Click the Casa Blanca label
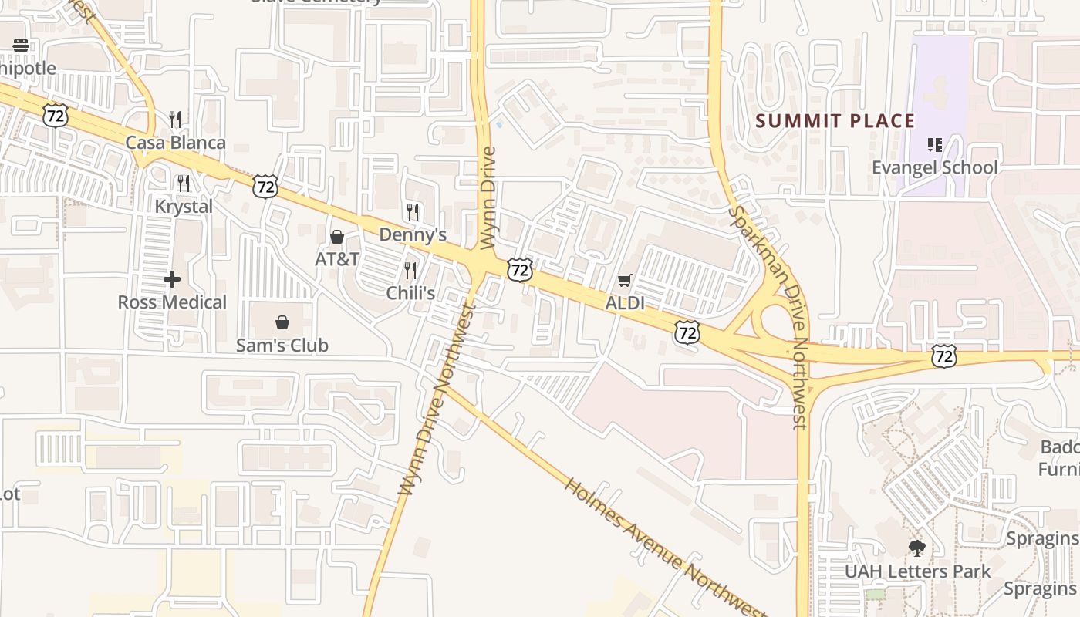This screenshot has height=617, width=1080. [176, 143]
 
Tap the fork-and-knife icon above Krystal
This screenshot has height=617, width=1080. [184, 184]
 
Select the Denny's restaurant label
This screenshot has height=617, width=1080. [413, 234]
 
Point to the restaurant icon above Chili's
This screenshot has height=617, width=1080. [410, 270]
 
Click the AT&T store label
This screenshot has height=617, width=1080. [337, 259]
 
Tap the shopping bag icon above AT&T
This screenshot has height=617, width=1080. [337, 237]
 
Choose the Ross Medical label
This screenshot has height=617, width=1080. [172, 302]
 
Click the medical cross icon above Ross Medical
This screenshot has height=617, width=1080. [172, 278]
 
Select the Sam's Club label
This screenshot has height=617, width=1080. [282, 346]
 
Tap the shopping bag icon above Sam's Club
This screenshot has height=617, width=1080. [282, 322]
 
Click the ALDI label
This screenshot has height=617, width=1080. [625, 303]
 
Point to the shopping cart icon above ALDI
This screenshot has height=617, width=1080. [625, 281]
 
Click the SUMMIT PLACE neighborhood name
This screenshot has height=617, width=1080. [835, 121]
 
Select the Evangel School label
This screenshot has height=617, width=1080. [934, 167]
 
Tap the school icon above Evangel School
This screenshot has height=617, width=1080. [935, 144]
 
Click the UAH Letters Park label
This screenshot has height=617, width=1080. [917, 571]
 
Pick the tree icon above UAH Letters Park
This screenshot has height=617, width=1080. [917, 548]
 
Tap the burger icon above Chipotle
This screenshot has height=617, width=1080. [21, 45]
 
